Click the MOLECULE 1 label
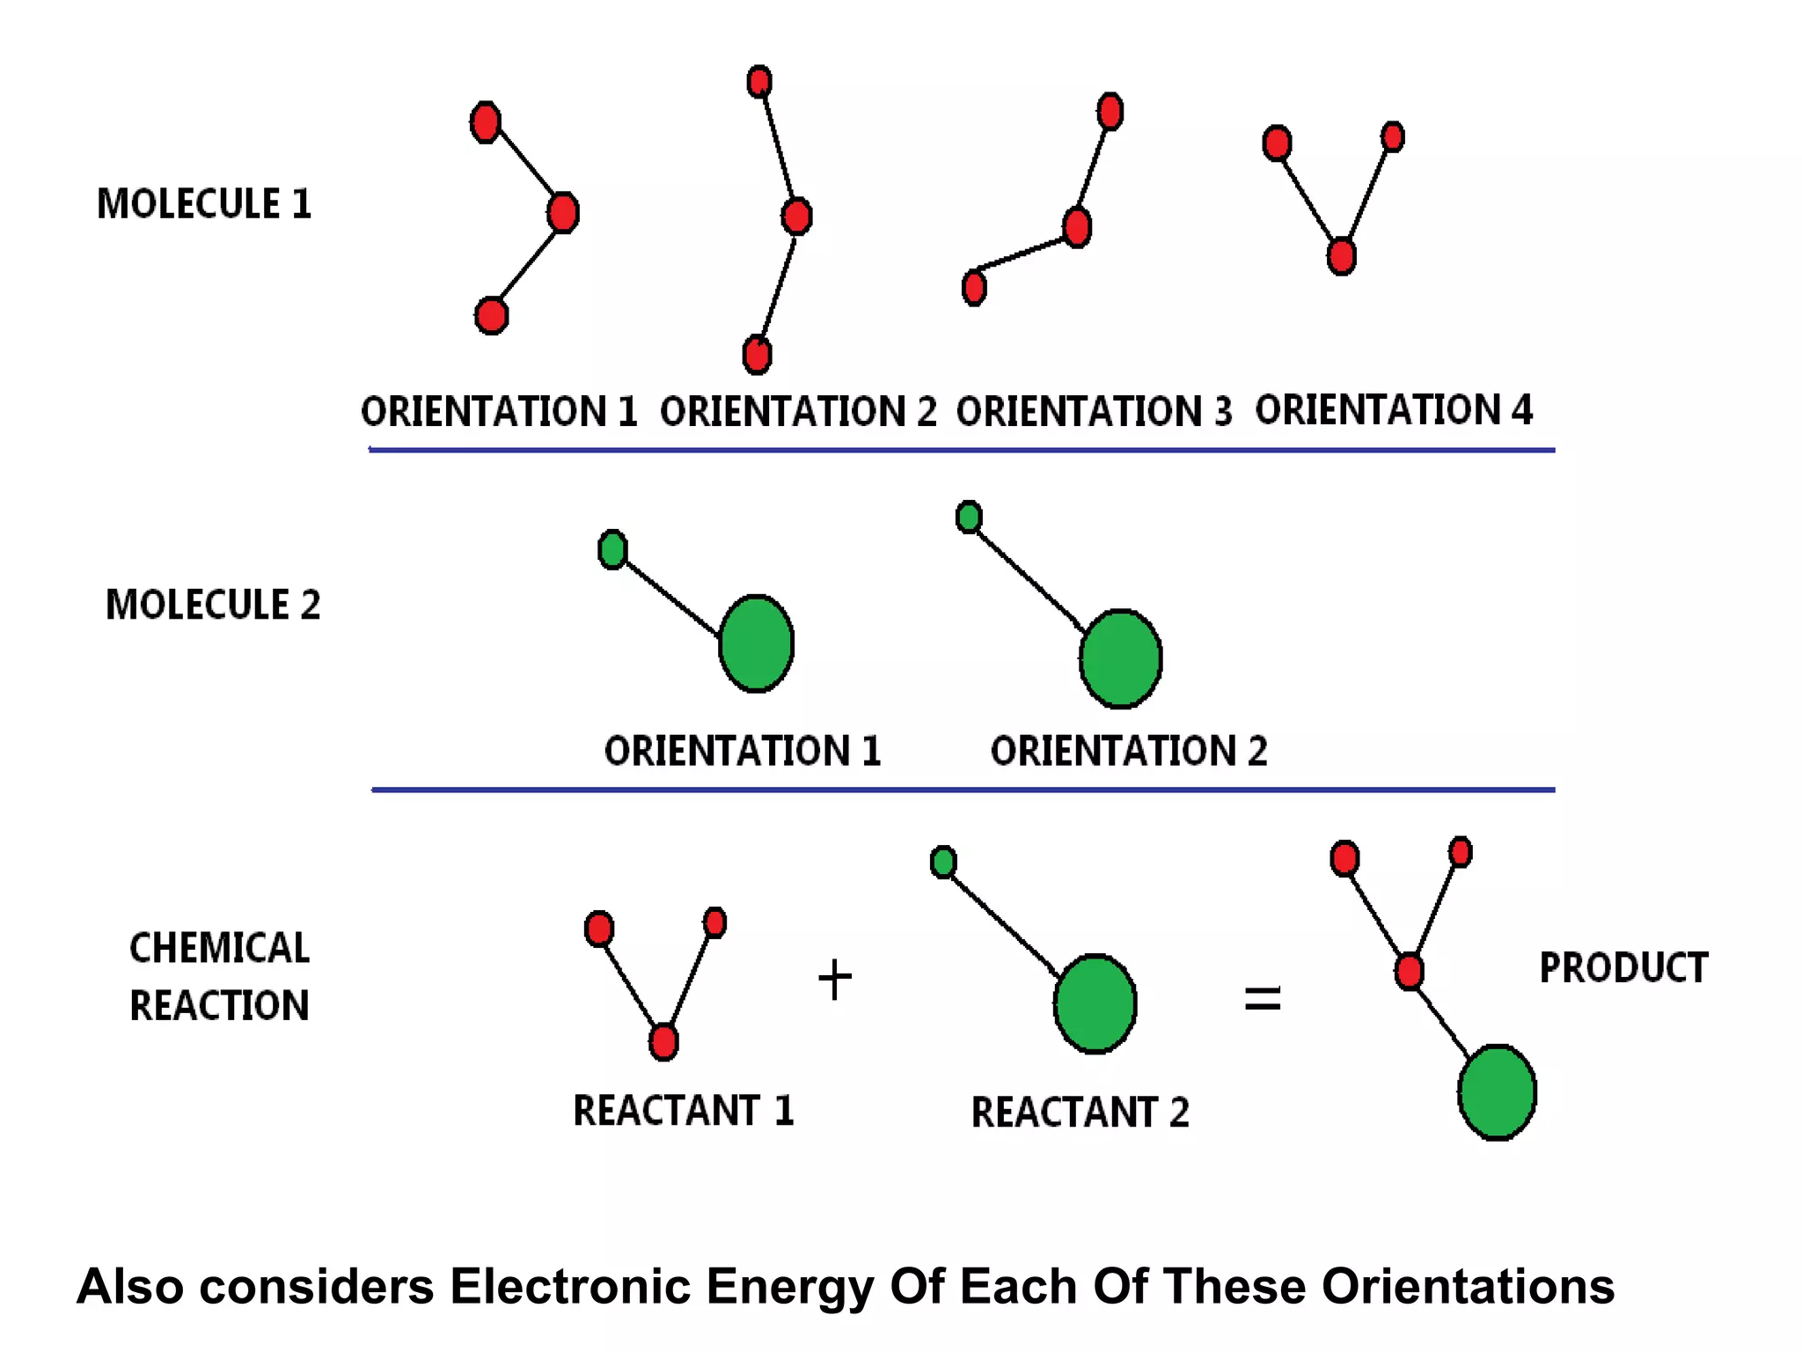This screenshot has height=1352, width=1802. click(204, 203)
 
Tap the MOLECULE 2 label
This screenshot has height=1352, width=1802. click(213, 605)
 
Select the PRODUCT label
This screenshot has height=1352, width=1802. click(1623, 967)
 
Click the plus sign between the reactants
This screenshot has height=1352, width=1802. click(834, 980)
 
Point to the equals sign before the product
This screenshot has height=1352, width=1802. click(1262, 999)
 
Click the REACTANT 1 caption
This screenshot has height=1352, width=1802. click(684, 1110)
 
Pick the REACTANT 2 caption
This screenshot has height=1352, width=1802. click(1080, 1112)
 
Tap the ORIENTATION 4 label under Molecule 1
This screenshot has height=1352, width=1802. click(1394, 409)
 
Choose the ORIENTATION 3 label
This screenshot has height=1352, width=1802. click(1094, 411)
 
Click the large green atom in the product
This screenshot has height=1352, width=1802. click(1497, 1092)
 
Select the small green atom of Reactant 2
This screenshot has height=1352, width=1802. click(943, 862)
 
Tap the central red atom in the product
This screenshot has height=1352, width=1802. click(1409, 972)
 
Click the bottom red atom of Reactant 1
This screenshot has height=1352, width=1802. click(663, 1042)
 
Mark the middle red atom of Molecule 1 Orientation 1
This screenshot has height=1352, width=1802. click(563, 212)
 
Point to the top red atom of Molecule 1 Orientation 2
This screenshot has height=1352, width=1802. click(759, 82)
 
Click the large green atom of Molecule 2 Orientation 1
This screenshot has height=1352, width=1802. click(756, 643)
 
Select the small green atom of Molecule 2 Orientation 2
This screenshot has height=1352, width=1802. click(969, 517)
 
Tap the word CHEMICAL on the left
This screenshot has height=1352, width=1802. click(219, 948)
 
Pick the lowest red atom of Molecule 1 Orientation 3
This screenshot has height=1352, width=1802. click(974, 288)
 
